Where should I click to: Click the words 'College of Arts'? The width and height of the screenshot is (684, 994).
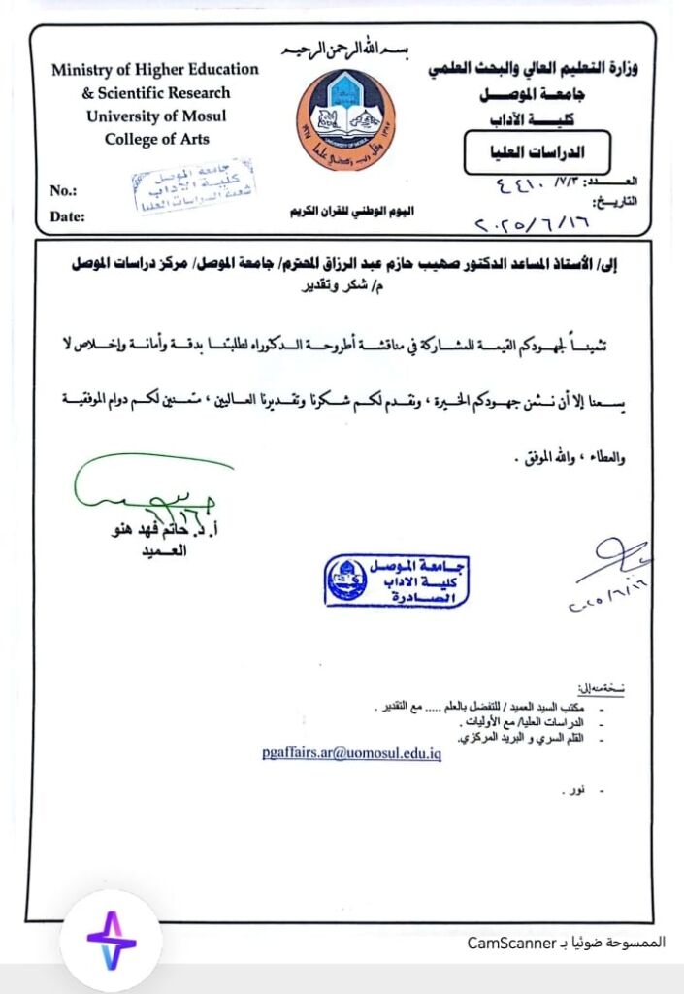[x=156, y=139]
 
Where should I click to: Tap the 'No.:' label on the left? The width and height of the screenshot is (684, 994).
[x=63, y=191]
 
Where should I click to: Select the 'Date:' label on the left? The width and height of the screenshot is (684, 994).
[x=67, y=216]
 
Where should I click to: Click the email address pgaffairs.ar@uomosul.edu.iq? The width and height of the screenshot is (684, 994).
[x=351, y=752]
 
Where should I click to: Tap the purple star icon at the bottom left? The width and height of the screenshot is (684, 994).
[x=111, y=940]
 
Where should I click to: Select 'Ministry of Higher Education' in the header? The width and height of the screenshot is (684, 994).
[x=155, y=70]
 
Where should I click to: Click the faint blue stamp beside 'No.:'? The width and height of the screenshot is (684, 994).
[x=179, y=188]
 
